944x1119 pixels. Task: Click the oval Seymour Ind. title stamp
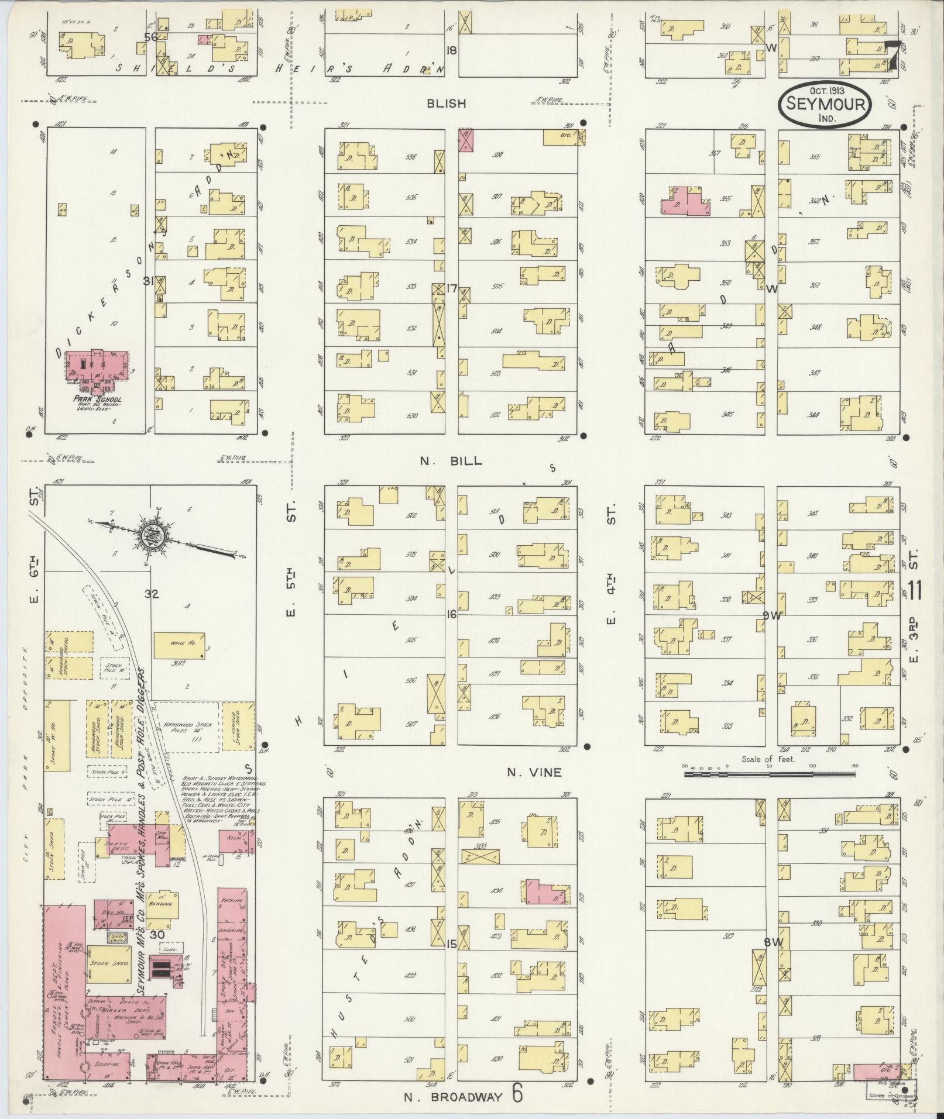tap(825, 104)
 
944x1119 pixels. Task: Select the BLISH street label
tap(447, 104)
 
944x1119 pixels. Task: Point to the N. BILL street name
tap(451, 461)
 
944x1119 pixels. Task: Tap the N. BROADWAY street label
tap(454, 1096)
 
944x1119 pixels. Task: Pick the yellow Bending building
tap(161, 905)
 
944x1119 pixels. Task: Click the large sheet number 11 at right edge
tap(915, 590)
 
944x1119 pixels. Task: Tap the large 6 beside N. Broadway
tap(517, 1094)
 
